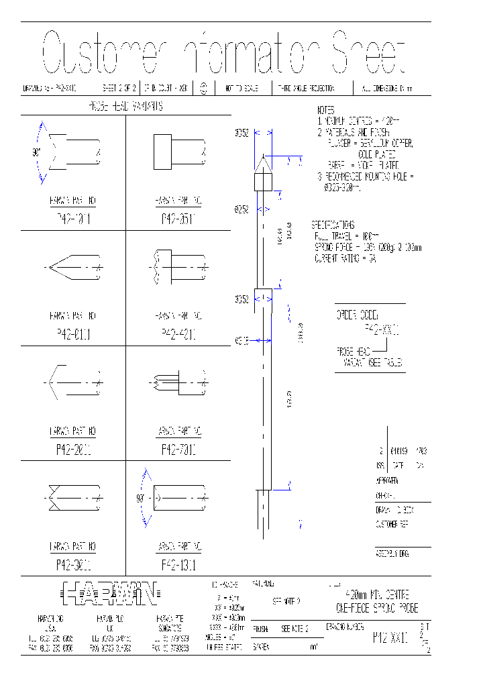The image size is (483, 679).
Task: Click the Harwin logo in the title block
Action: (110, 592)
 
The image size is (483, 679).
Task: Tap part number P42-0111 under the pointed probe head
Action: (73, 333)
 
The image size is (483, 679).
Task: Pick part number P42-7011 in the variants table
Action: (178, 450)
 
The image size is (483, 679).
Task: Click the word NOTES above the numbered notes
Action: (325, 110)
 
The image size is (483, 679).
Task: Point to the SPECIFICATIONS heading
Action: (333, 225)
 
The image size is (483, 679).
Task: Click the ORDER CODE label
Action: (357, 314)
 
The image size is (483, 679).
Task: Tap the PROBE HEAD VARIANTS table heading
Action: (125, 106)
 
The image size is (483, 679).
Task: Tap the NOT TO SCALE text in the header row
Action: (243, 88)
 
